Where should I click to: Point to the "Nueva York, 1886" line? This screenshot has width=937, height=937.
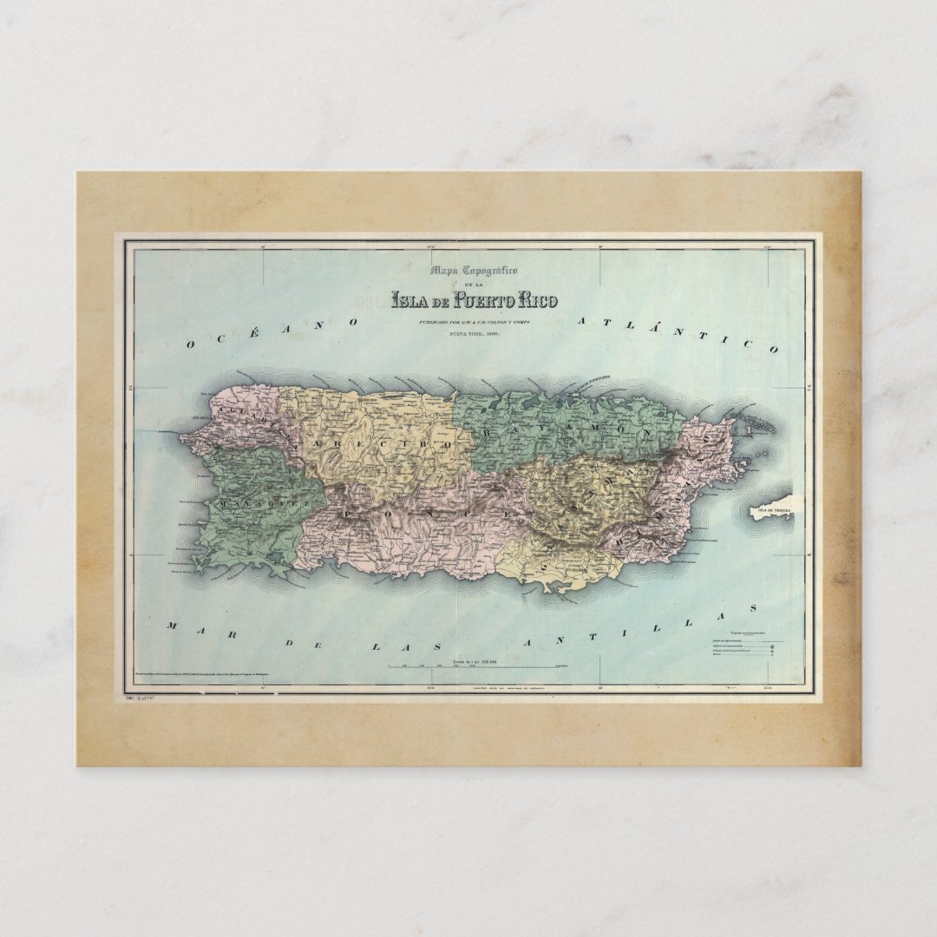pyautogui.click(x=474, y=333)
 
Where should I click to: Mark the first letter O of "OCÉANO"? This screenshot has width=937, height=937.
pyautogui.click(x=190, y=344)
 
